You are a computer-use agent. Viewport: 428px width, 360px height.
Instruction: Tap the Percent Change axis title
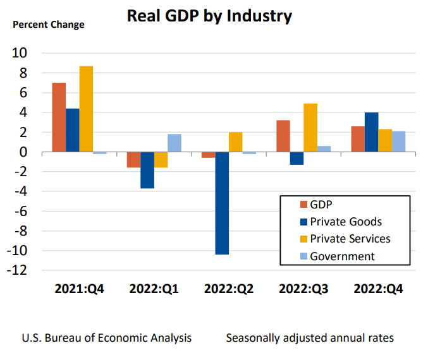(x=49, y=25)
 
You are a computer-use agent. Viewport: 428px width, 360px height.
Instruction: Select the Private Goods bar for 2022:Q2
(x=222, y=203)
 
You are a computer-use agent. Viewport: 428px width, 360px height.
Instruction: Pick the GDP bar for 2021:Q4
(x=59, y=117)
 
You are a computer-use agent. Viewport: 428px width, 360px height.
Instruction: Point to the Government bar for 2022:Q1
(x=174, y=143)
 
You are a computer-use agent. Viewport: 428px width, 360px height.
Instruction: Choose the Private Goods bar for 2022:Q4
(x=372, y=133)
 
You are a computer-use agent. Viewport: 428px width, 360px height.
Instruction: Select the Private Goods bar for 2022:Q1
(x=147, y=171)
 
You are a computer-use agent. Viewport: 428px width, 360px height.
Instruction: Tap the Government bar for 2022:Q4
(x=398, y=142)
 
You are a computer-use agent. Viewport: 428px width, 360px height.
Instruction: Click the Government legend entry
(x=342, y=256)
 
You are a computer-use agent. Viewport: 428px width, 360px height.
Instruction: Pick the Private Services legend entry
(x=350, y=239)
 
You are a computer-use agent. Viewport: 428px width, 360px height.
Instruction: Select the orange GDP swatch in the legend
(x=303, y=204)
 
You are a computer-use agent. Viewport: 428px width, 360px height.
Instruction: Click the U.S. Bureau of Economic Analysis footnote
(x=106, y=338)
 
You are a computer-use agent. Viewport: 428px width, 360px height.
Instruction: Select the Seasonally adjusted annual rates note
(x=309, y=338)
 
